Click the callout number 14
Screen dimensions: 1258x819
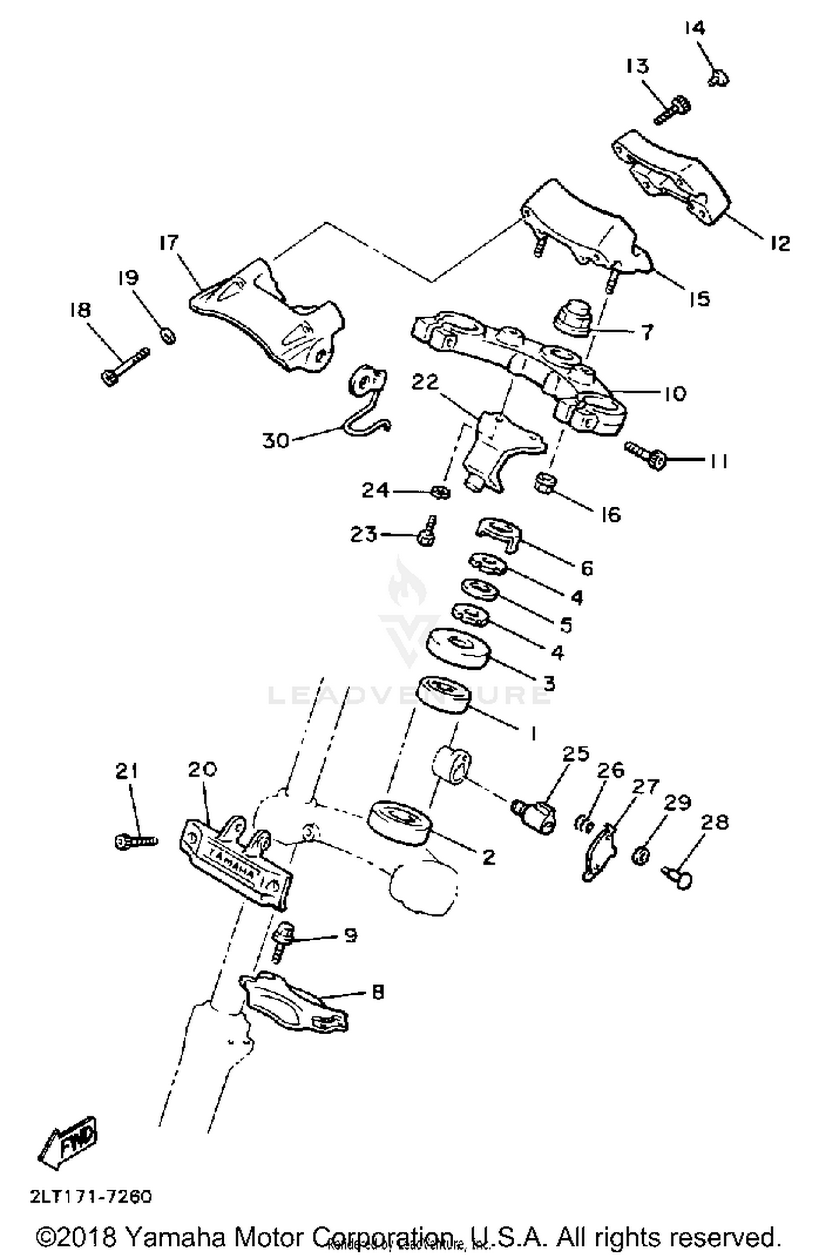click(695, 28)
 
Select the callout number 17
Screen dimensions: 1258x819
click(169, 242)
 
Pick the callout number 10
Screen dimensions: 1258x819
click(675, 393)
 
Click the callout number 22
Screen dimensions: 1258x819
click(425, 383)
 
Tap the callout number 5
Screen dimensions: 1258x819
click(566, 625)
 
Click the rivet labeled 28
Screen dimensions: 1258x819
click(677, 877)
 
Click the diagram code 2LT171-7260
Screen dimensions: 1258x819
click(91, 1197)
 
